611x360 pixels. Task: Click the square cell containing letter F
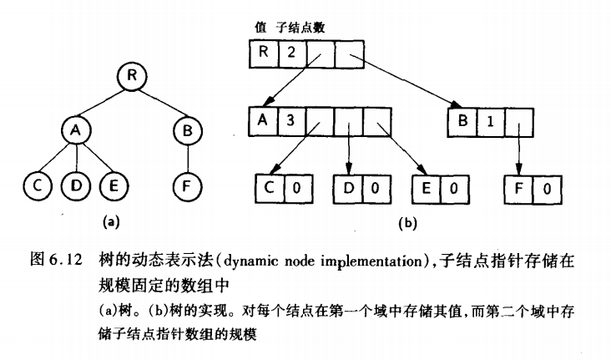coord(518,189)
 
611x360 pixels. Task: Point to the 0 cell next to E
coord(453,189)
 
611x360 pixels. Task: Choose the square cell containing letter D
coord(348,189)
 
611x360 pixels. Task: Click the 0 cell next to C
coord(294,189)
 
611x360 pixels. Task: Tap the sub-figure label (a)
coord(109,222)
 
